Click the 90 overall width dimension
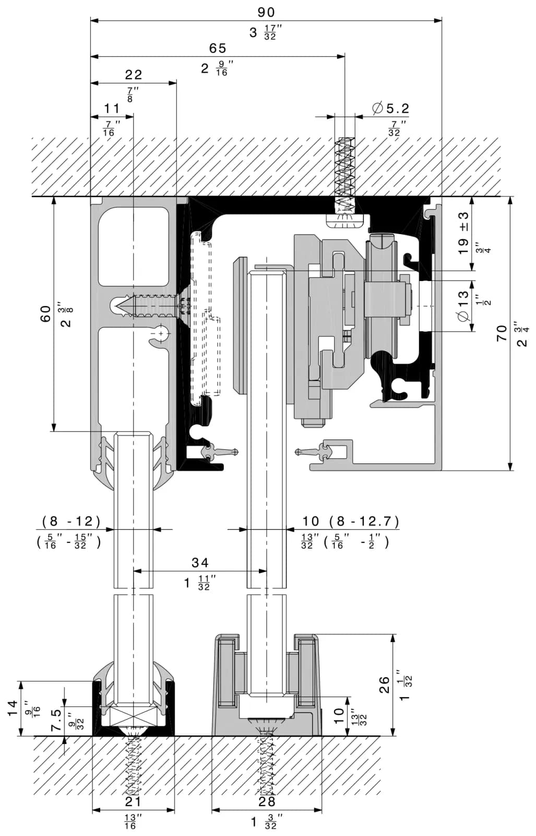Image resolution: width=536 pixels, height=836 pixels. (x=266, y=13)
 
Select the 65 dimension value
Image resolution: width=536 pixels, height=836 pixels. (x=218, y=48)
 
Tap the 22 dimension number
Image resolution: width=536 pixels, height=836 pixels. (x=134, y=75)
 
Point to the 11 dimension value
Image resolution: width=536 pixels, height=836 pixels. (x=112, y=109)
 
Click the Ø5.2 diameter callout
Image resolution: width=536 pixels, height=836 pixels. (x=390, y=109)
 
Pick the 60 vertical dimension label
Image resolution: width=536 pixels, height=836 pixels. (x=45, y=313)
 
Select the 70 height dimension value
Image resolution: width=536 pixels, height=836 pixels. (x=502, y=333)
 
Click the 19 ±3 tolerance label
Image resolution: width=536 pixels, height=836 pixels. (x=463, y=233)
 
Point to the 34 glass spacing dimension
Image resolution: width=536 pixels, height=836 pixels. (x=200, y=562)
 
